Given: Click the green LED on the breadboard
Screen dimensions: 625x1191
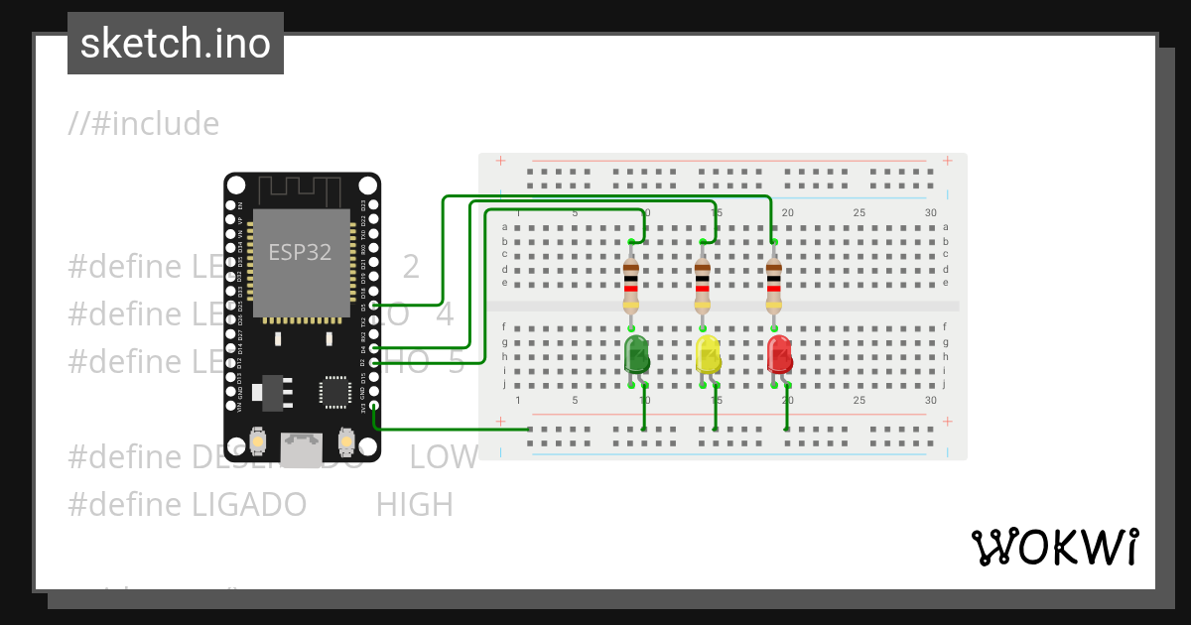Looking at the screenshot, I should click(x=636, y=355).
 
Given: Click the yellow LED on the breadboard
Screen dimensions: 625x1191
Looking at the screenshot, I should click(x=708, y=355).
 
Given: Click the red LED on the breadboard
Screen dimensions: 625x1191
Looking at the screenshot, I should click(x=779, y=355).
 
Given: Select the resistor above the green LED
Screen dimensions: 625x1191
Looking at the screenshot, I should click(x=631, y=284).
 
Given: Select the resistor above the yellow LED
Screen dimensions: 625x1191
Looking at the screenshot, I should click(x=703, y=284).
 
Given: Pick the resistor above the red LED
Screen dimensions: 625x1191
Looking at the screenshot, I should click(x=774, y=284).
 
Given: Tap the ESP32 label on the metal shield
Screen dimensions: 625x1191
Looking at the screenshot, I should click(x=300, y=252).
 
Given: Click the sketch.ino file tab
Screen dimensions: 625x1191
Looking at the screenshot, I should click(x=176, y=44).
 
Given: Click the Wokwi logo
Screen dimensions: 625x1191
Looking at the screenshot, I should click(x=1054, y=547).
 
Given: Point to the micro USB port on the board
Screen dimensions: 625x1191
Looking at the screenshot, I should click(x=301, y=449).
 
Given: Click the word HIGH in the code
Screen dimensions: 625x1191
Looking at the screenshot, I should click(x=414, y=505).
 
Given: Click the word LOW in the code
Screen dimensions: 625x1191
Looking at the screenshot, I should click(x=444, y=457).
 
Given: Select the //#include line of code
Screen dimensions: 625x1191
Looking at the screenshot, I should click(x=144, y=124).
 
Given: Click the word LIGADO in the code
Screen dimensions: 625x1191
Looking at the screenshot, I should click(x=247, y=505).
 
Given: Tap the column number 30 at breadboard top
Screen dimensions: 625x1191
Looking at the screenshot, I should click(x=930, y=213).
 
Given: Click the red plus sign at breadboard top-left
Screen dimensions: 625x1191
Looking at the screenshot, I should click(x=501, y=161).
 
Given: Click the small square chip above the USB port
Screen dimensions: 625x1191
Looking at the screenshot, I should click(x=334, y=392).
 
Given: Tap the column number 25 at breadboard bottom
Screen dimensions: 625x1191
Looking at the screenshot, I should click(x=859, y=401).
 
